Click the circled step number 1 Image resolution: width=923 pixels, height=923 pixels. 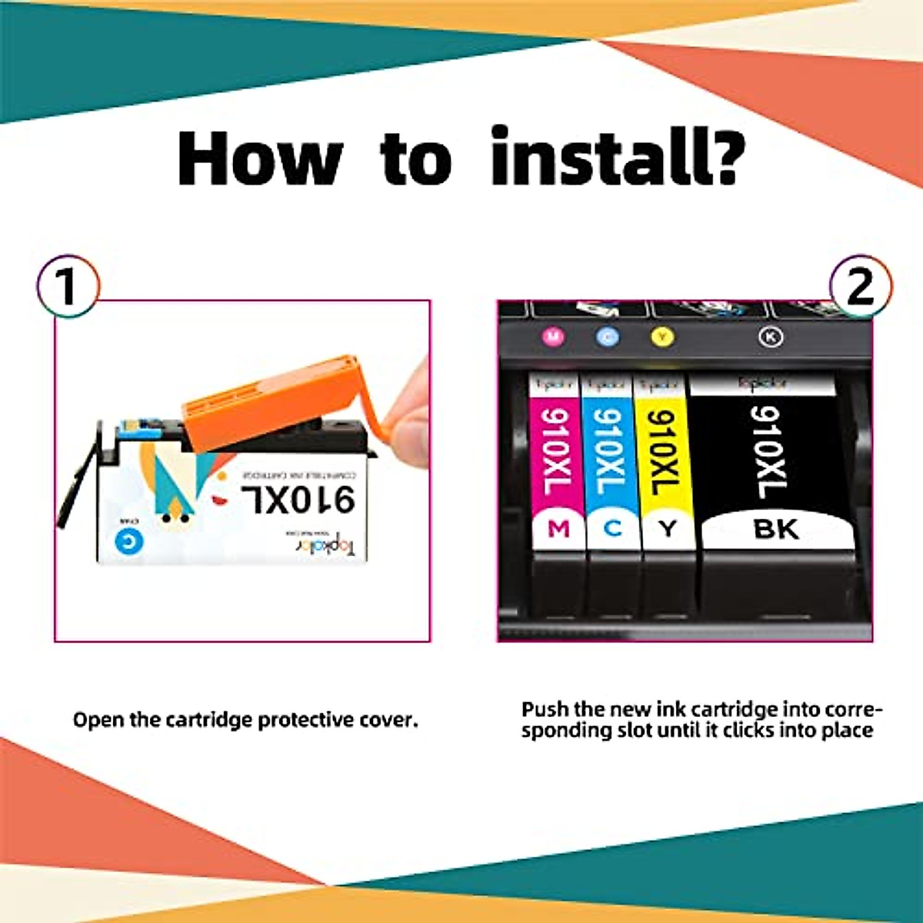coord(68,286)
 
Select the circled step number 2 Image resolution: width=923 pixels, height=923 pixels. coord(861,286)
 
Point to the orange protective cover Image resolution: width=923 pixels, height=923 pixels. coord(269,400)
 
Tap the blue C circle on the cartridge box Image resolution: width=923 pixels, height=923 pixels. coord(128,541)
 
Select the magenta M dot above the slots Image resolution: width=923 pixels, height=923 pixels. coord(553,336)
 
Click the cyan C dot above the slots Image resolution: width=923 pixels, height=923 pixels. coord(608,336)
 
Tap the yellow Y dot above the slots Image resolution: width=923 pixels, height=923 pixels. coord(662,336)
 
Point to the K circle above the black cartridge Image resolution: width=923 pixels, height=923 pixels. coord(771,336)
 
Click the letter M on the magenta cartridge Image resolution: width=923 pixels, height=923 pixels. coord(558,529)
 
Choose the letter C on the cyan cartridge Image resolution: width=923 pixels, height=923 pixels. coord(612,529)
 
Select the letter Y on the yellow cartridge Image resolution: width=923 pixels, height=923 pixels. coord(667,529)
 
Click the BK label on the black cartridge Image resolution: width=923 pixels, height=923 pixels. coord(777,529)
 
